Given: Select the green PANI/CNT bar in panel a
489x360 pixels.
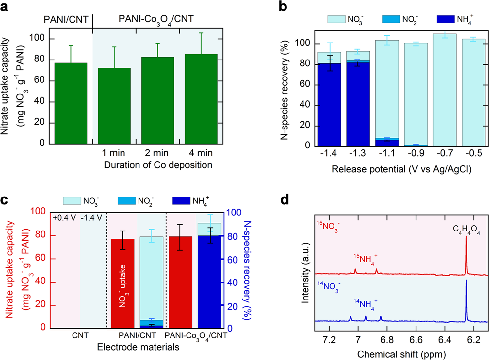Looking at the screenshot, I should click(x=71, y=103).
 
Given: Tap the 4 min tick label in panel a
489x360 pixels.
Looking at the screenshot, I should click(x=201, y=153).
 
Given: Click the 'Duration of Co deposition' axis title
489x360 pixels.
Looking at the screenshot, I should click(x=158, y=165).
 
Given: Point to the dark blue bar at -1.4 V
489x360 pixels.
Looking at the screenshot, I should click(x=329, y=105).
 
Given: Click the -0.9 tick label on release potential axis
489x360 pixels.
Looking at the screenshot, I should click(x=416, y=153).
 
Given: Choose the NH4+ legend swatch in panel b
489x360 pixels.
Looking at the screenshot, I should click(x=445, y=19).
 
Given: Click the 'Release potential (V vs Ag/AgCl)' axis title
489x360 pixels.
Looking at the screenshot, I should click(x=401, y=169).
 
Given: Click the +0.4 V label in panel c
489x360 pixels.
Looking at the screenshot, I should click(x=64, y=218).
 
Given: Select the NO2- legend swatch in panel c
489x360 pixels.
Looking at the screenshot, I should click(x=126, y=201).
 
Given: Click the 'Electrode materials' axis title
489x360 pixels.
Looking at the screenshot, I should click(x=138, y=347).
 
